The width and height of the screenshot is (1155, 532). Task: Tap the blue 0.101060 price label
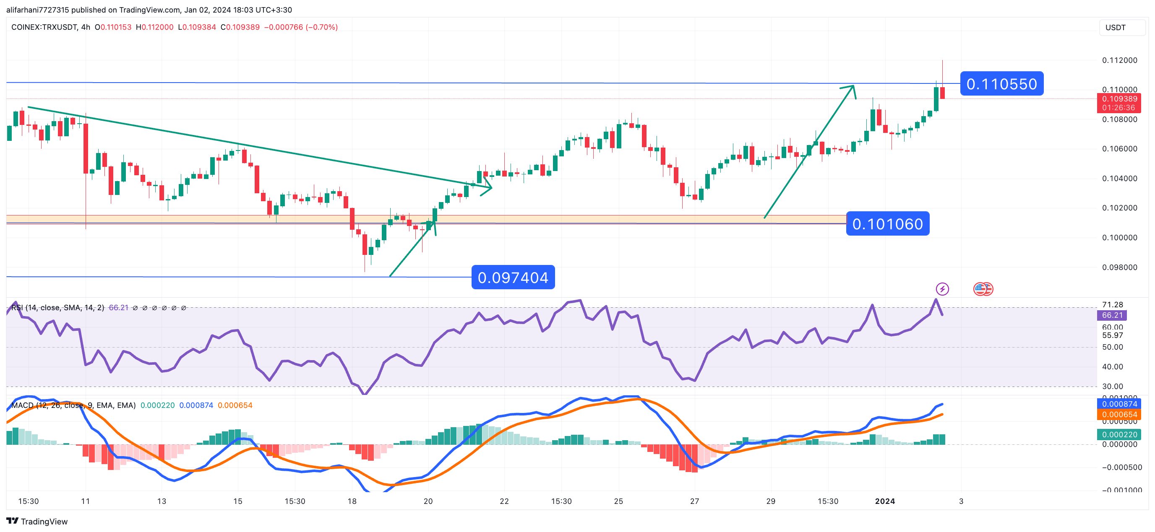(x=887, y=223)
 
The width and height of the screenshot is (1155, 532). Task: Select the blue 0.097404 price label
(x=513, y=278)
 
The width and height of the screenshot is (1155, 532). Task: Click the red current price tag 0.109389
(x=1119, y=99)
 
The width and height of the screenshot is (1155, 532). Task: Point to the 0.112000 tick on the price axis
(x=1119, y=60)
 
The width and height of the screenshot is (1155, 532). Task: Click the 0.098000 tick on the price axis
(x=1119, y=267)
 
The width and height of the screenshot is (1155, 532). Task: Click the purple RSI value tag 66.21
(x=1112, y=316)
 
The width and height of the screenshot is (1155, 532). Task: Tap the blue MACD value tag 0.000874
(x=1119, y=404)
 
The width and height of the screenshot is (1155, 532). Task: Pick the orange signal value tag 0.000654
(x=1119, y=415)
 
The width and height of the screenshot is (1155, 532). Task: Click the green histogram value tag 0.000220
(x=1119, y=435)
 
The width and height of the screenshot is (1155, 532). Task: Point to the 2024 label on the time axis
(x=885, y=501)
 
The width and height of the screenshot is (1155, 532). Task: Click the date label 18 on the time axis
(x=352, y=501)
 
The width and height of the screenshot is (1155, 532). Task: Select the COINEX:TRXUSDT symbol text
(x=44, y=27)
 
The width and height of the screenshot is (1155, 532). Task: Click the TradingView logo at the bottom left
(x=37, y=522)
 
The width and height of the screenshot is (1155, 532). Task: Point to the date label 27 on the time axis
(x=694, y=501)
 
